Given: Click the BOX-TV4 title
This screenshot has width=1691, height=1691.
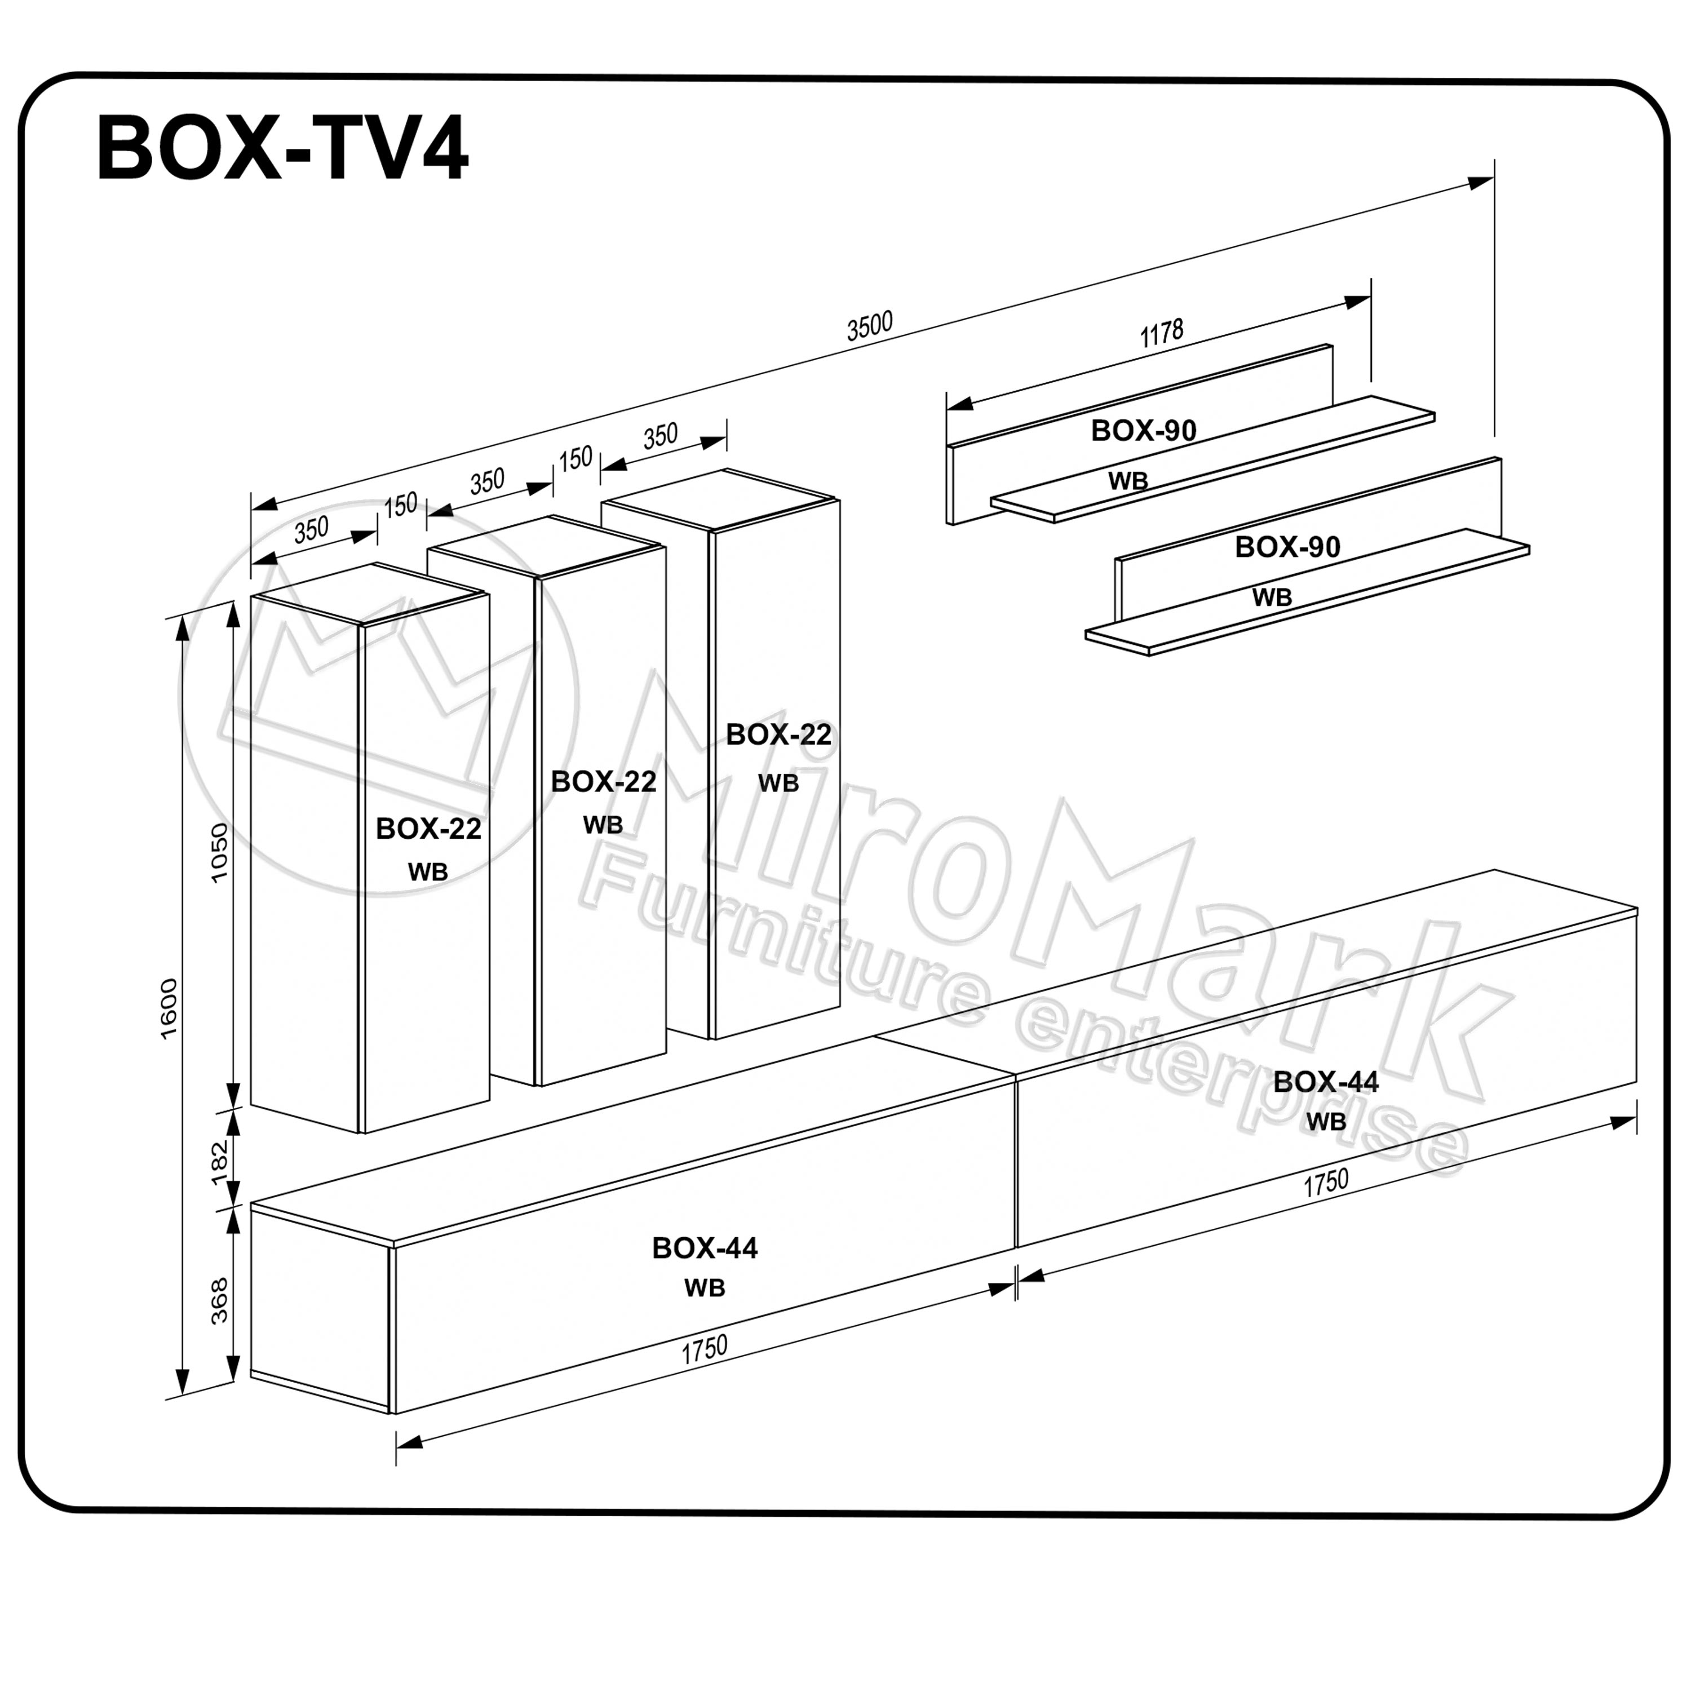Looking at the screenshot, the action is pyautogui.click(x=282, y=149).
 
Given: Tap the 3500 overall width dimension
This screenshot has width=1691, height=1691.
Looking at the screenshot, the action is pyautogui.click(x=869, y=326).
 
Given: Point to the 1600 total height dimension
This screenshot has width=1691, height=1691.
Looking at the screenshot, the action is pyautogui.click(x=169, y=1008).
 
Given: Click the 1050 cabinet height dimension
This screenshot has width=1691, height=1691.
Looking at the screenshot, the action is pyautogui.click(x=220, y=852).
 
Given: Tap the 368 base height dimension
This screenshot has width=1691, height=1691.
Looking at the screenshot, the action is pyautogui.click(x=220, y=1300).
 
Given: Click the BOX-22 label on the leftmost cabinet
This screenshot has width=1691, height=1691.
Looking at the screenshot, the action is pyautogui.click(x=428, y=828).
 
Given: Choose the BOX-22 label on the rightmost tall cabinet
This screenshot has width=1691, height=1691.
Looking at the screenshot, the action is pyautogui.click(x=778, y=734).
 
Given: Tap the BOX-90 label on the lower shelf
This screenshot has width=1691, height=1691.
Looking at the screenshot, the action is pyautogui.click(x=1287, y=546).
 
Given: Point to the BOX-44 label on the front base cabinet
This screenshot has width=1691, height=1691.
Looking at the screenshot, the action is pyautogui.click(x=705, y=1247).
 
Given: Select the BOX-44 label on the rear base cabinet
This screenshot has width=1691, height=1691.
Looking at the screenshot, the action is pyautogui.click(x=1325, y=1081).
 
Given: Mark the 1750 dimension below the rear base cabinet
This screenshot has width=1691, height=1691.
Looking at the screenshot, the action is pyautogui.click(x=1325, y=1183).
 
